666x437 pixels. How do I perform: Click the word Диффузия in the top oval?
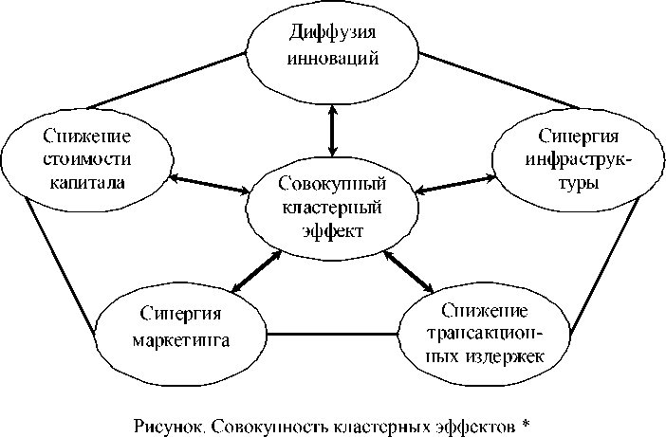point(331,36)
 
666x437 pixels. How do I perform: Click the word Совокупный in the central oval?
point(332,183)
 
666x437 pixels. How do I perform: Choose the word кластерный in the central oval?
point(332,207)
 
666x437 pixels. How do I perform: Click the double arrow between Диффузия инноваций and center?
point(331,128)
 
